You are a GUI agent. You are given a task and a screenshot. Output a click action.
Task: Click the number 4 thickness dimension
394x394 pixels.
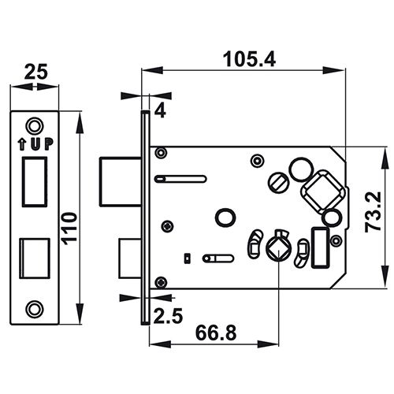click(x=160, y=111)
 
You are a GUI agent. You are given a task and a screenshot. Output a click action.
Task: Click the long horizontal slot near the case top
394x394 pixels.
click(x=181, y=179)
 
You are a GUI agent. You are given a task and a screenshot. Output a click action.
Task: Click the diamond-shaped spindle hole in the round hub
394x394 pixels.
click(x=276, y=251)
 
